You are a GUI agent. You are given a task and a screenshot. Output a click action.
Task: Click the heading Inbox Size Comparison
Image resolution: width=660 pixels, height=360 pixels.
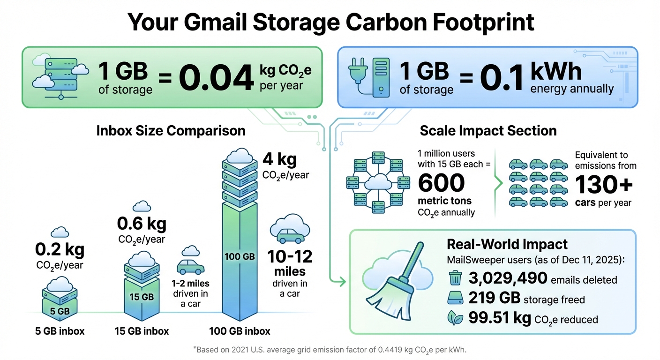(171, 130)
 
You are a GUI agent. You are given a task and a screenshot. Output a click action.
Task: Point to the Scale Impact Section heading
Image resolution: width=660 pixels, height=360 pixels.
(488, 130)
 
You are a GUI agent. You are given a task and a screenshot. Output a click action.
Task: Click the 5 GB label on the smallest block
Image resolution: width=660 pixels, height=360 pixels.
(60, 310)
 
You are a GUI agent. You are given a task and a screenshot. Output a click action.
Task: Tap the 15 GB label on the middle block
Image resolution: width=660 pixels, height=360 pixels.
(142, 297)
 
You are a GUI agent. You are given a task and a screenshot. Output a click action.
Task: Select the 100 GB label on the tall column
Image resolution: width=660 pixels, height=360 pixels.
(240, 257)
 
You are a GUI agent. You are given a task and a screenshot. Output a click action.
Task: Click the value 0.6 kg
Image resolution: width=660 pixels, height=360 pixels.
(142, 224)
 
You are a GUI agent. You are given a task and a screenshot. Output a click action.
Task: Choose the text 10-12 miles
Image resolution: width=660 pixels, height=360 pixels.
(290, 263)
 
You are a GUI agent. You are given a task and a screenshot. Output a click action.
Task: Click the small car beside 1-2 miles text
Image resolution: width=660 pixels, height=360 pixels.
(190, 267)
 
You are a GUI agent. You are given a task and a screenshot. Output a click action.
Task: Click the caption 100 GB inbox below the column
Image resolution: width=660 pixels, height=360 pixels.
(240, 331)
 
